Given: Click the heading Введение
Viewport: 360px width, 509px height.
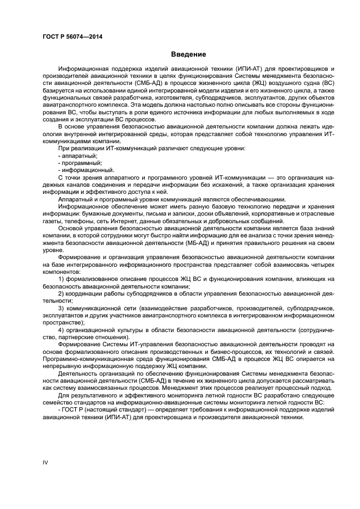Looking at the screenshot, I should (188, 54).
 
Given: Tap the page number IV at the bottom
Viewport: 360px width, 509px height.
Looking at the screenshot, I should (46, 462).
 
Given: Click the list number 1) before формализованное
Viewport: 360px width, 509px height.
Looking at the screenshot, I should (62, 278).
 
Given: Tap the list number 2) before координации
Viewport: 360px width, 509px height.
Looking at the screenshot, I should (62, 293).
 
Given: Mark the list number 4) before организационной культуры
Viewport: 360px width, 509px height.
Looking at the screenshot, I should (62, 330).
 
